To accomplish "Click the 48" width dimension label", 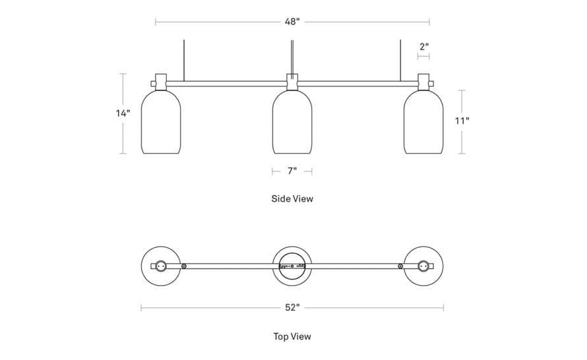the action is pos(292,22).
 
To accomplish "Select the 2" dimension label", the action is pos(424,47).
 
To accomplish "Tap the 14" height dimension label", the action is pos(123,113).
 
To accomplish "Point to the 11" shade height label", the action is pos(462,121).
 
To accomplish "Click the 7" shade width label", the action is pos(292,171).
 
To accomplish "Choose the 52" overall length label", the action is pos(292,308).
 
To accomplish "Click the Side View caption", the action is pos(292,198).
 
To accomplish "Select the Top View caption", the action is pos(292,336).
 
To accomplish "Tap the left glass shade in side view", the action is pos(161,122).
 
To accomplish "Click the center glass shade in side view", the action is pos(292,122).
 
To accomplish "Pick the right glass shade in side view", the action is pos(423,122).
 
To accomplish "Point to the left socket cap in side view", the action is pos(161,82).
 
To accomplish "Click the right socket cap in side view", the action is pos(423,82).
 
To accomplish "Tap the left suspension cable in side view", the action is pos(184,60).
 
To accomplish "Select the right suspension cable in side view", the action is pos(400,60).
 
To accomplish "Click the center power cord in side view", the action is pos(292,58).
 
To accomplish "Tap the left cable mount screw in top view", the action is pos(184,266).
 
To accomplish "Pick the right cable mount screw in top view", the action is pos(400,266).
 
